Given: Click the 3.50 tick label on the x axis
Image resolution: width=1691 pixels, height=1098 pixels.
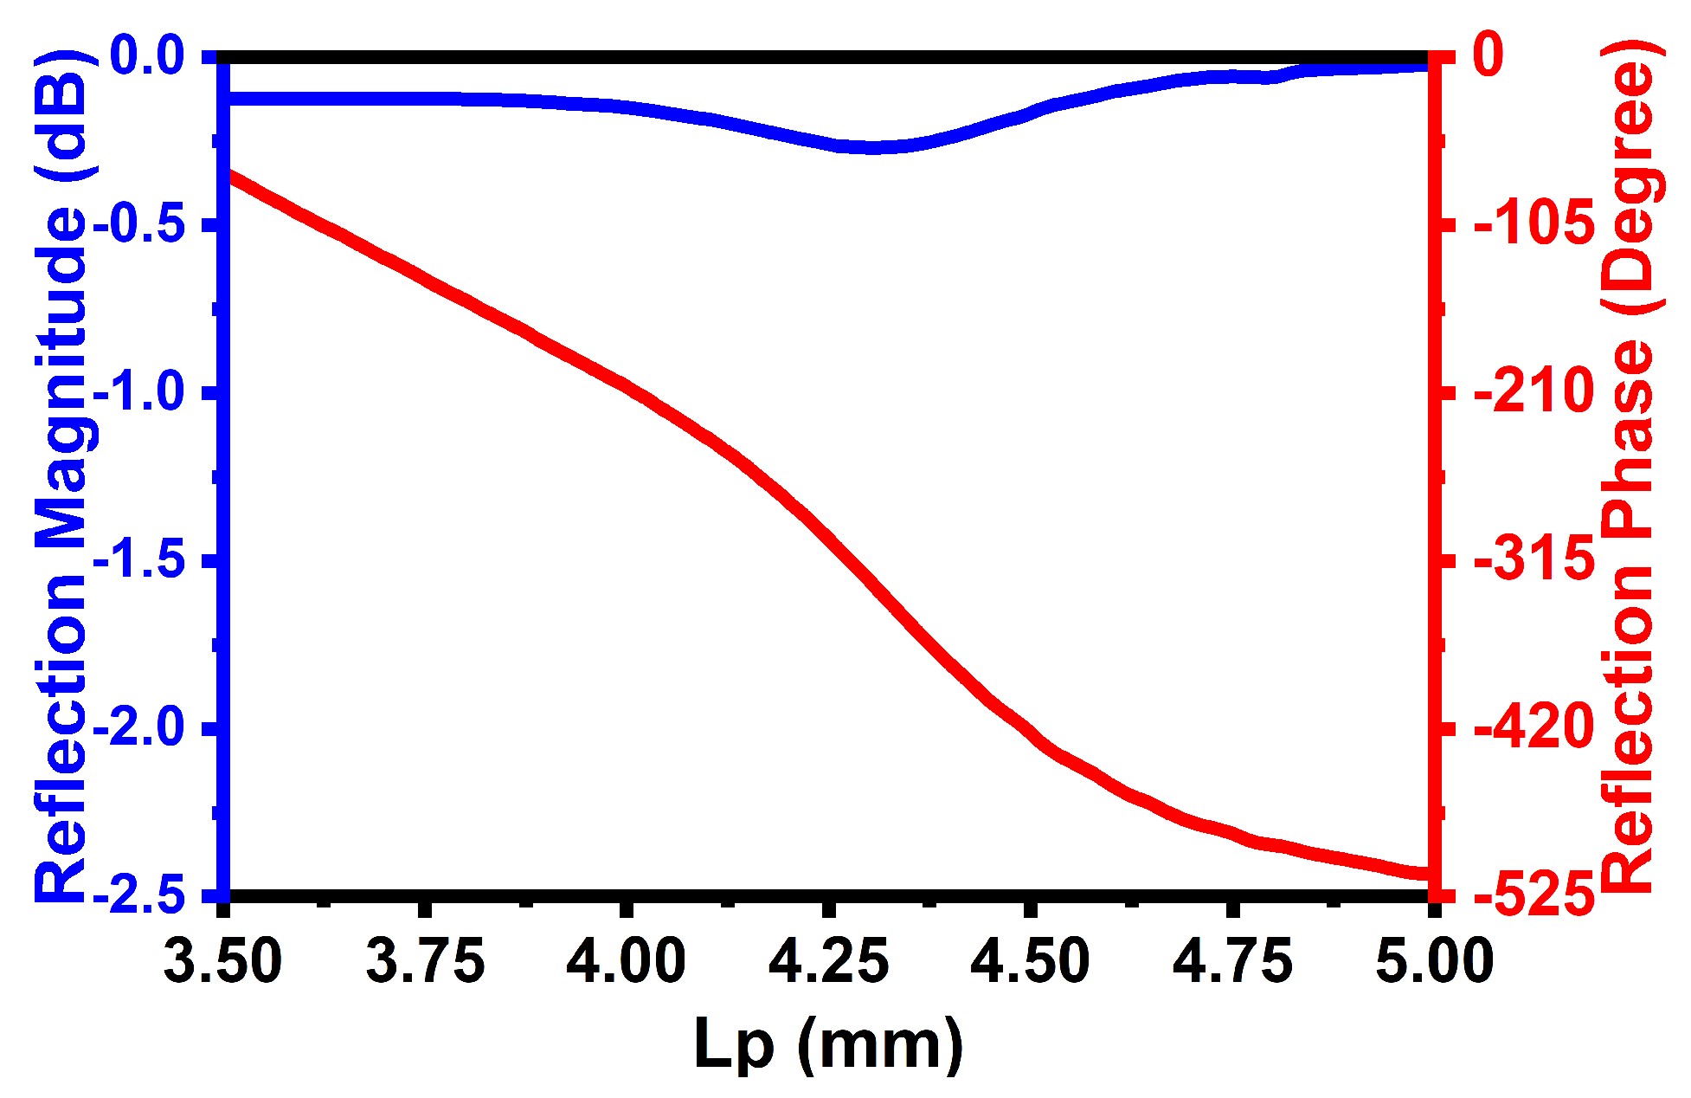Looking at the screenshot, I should point(223,961).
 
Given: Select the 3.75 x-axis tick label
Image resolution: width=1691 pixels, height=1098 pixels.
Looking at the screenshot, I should point(425,961).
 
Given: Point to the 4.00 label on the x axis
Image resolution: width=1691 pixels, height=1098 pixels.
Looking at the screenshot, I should point(626,961).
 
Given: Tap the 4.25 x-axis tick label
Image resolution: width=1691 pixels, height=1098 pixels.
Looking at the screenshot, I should point(828,961).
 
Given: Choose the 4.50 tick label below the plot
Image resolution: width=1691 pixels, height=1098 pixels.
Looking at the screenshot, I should point(1030,961).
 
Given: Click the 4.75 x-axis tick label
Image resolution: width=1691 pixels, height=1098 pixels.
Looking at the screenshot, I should point(1232,961).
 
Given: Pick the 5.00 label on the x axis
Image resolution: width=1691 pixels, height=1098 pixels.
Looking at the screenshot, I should point(1434,961).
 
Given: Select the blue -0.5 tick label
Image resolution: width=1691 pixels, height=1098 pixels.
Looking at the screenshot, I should point(138,224).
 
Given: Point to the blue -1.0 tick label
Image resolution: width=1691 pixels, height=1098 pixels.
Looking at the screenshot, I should point(138,392).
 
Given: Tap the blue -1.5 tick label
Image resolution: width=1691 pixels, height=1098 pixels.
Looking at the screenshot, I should point(138,560).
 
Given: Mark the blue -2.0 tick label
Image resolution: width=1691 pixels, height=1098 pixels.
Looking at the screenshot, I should point(138,728).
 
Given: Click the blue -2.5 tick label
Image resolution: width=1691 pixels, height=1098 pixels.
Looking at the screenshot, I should point(138,896).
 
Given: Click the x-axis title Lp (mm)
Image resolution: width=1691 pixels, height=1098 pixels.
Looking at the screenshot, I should point(828,1043).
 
